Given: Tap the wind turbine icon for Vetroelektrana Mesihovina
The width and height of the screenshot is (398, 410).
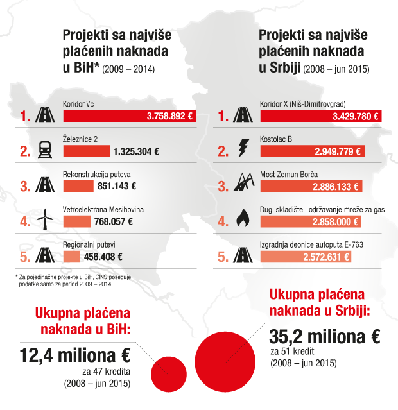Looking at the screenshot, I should click(x=45, y=221).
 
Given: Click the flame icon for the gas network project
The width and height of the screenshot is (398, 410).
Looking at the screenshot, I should click(x=243, y=220).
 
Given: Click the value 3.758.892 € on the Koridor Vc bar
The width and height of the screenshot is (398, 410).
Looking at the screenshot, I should click(x=169, y=117).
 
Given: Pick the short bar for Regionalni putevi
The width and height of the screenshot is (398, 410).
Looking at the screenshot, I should click(x=71, y=257).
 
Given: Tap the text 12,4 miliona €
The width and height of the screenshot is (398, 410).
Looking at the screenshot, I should click(x=74, y=355).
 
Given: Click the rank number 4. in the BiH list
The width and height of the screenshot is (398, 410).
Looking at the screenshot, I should click(x=25, y=222).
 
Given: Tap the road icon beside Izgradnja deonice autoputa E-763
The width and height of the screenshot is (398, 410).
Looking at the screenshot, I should click(x=243, y=256).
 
